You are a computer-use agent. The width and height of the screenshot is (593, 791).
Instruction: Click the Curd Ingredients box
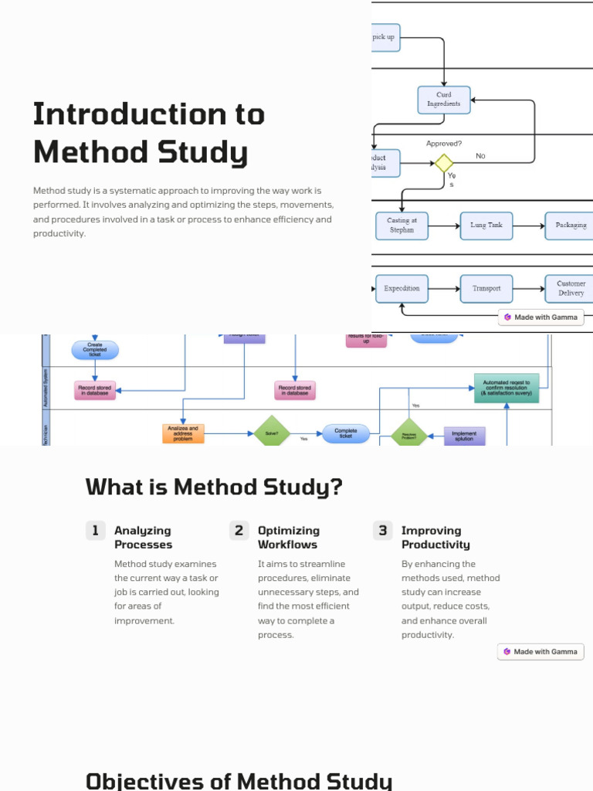click(444, 100)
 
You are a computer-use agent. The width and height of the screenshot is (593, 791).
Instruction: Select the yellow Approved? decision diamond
click(443, 163)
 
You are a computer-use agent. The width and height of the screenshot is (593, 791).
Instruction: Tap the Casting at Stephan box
click(402, 225)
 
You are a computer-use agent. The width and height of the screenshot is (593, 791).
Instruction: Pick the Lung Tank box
click(486, 226)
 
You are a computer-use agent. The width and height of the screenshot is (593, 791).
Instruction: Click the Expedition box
click(402, 288)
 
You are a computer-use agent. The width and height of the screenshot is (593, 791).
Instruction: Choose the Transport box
click(486, 288)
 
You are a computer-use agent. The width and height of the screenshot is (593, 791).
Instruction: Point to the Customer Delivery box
click(570, 288)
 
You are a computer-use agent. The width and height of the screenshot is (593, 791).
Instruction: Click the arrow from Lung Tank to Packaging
click(529, 226)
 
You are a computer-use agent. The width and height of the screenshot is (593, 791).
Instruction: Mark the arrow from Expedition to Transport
click(444, 288)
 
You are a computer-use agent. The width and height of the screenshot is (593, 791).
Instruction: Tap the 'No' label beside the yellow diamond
click(480, 156)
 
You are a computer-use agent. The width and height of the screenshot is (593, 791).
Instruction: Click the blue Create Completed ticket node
click(95, 350)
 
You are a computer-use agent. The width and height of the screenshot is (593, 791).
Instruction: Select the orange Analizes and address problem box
click(183, 433)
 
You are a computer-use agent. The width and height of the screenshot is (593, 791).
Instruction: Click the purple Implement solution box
click(464, 436)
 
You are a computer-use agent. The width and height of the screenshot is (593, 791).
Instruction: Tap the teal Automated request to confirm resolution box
click(506, 389)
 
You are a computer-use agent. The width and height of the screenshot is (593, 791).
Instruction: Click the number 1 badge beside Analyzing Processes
click(95, 530)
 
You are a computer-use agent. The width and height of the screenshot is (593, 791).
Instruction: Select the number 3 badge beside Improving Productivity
click(382, 530)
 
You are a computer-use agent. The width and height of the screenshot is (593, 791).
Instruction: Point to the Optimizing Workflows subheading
click(288, 537)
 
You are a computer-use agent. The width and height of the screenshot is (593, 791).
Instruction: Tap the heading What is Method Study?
click(214, 487)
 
